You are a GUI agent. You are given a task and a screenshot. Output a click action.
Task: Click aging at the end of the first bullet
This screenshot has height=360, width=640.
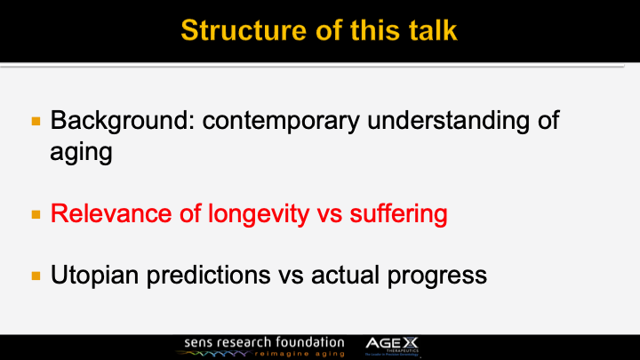tap(81, 152)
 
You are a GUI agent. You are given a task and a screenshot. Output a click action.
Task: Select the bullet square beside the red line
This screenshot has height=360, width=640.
tap(36, 215)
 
